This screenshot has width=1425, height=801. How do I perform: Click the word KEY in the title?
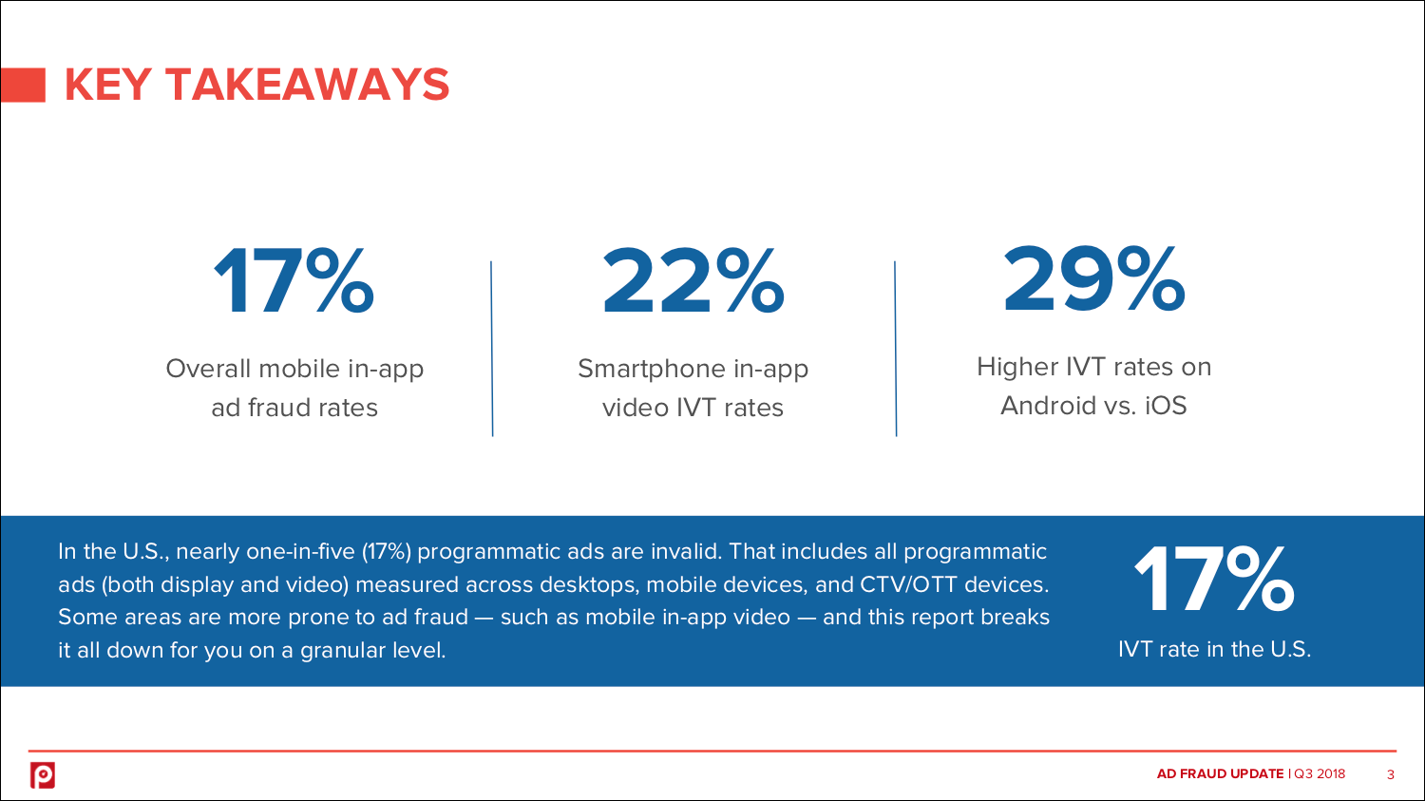click(108, 85)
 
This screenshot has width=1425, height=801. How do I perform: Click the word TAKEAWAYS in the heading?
click(308, 85)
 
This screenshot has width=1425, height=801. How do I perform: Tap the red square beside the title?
click(23, 85)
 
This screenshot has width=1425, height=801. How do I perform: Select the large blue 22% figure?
click(693, 281)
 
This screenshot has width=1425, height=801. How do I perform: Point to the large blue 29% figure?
click(1094, 279)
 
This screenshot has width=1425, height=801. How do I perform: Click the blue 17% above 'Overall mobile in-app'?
click(294, 281)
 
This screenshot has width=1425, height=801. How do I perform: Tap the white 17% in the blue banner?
click(1214, 580)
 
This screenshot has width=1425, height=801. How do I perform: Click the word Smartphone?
click(652, 370)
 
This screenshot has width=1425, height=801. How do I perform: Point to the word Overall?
click(208, 369)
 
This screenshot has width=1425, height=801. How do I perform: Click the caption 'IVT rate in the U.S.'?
click(1214, 649)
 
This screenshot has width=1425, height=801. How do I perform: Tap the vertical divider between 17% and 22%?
click(492, 349)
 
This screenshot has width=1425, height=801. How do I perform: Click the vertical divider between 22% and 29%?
click(896, 349)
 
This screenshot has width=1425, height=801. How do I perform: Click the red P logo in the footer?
click(43, 775)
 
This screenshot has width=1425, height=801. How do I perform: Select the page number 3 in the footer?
click(1391, 774)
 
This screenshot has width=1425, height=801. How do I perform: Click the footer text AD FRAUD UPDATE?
click(1220, 773)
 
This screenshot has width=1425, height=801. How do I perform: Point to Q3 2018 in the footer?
click(1320, 773)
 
